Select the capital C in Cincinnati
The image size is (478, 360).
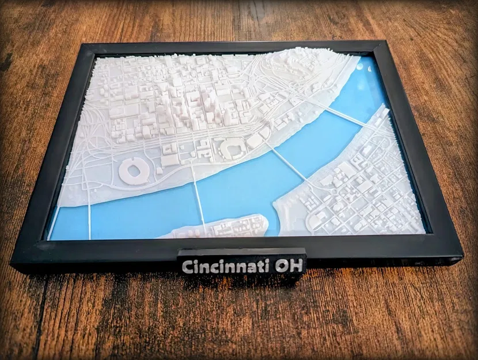[x=187, y=267]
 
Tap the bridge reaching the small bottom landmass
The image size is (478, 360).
[x=198, y=202]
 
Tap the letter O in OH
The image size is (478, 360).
[x=280, y=266]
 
